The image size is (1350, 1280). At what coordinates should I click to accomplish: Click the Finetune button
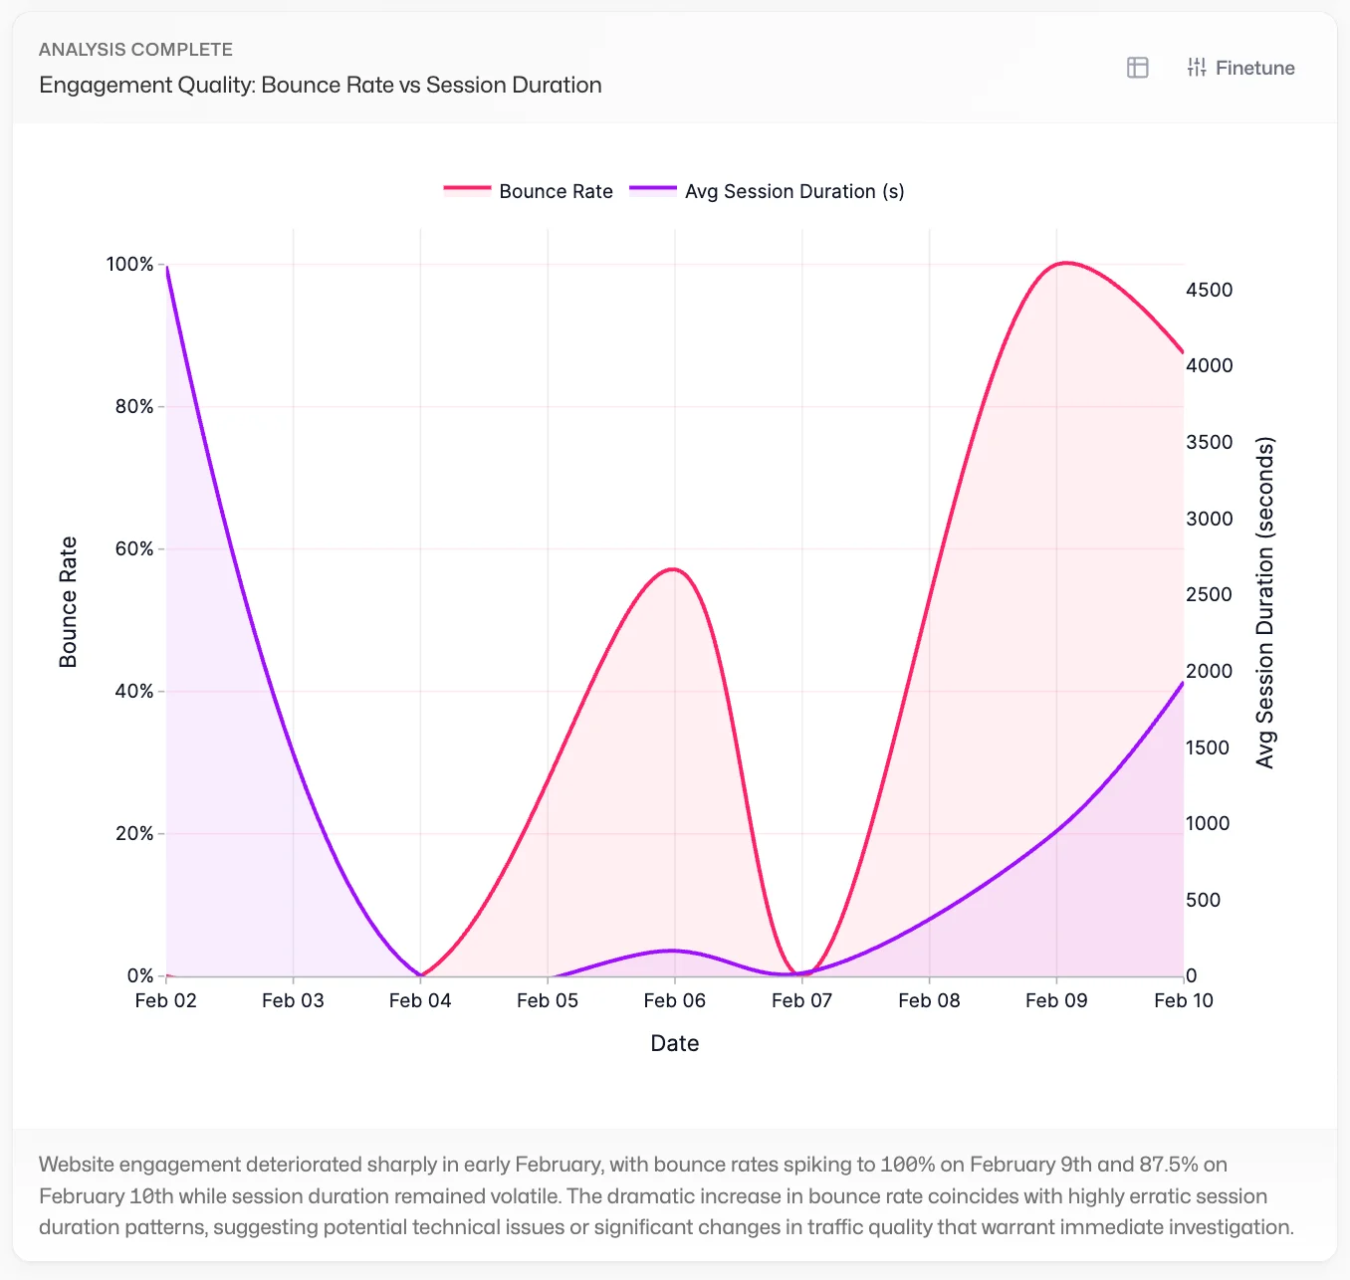[1240, 68]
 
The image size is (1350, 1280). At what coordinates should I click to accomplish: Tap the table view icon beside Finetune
[1137, 68]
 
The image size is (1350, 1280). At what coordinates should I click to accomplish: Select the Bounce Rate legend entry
[529, 191]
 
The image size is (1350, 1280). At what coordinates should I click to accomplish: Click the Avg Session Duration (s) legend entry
[768, 191]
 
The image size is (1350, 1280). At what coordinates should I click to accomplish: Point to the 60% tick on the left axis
[134, 548]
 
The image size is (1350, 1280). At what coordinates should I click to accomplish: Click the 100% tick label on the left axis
[130, 264]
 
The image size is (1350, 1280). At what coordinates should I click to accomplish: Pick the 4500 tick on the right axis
[1209, 290]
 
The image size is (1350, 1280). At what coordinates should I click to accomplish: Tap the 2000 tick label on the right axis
[1209, 671]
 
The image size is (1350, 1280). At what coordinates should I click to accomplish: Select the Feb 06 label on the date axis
[674, 1000]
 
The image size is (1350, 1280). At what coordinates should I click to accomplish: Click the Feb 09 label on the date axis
[1056, 1000]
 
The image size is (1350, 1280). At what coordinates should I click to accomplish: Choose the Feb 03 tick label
[293, 1000]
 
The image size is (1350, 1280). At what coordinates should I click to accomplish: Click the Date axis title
[674, 1043]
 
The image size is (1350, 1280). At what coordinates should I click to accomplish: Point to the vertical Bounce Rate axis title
[68, 602]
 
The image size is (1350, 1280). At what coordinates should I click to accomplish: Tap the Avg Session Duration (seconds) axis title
[1264, 602]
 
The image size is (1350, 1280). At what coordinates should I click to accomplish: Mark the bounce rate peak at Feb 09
[1064, 263]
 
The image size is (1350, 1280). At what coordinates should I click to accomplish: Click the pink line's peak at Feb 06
[674, 569]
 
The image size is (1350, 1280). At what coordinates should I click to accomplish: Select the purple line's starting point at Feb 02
[166, 267]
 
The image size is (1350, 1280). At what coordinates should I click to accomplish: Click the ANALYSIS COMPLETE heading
[135, 50]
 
